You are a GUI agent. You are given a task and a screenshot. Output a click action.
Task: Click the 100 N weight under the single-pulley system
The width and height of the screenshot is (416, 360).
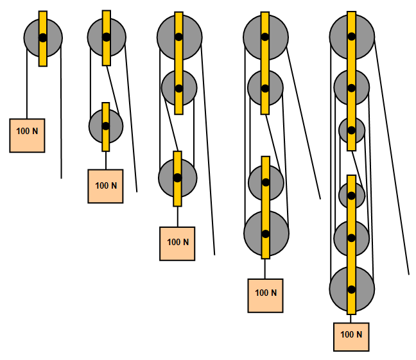click(27, 135)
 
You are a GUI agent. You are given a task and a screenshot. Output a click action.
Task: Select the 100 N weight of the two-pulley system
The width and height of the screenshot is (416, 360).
click(105, 186)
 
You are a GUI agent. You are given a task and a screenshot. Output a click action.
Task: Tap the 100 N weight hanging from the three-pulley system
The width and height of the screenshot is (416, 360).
click(177, 243)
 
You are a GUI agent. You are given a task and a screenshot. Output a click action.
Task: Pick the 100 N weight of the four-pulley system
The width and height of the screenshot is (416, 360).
click(265, 295)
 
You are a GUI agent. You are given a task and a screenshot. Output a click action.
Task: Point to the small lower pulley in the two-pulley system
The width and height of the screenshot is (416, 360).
click(97, 125)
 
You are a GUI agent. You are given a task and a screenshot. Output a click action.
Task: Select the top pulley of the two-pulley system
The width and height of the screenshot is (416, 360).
click(96, 37)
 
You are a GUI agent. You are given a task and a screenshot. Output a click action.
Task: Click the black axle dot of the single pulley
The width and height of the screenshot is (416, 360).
click(42, 37)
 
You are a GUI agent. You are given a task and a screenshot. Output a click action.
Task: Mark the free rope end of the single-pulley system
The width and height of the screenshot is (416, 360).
click(61, 176)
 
